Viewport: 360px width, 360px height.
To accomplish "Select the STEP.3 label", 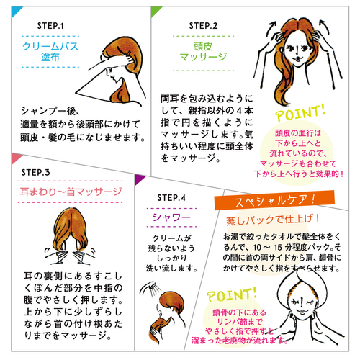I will [x=35, y=173].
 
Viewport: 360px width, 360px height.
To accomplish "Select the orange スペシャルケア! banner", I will [x=274, y=199].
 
